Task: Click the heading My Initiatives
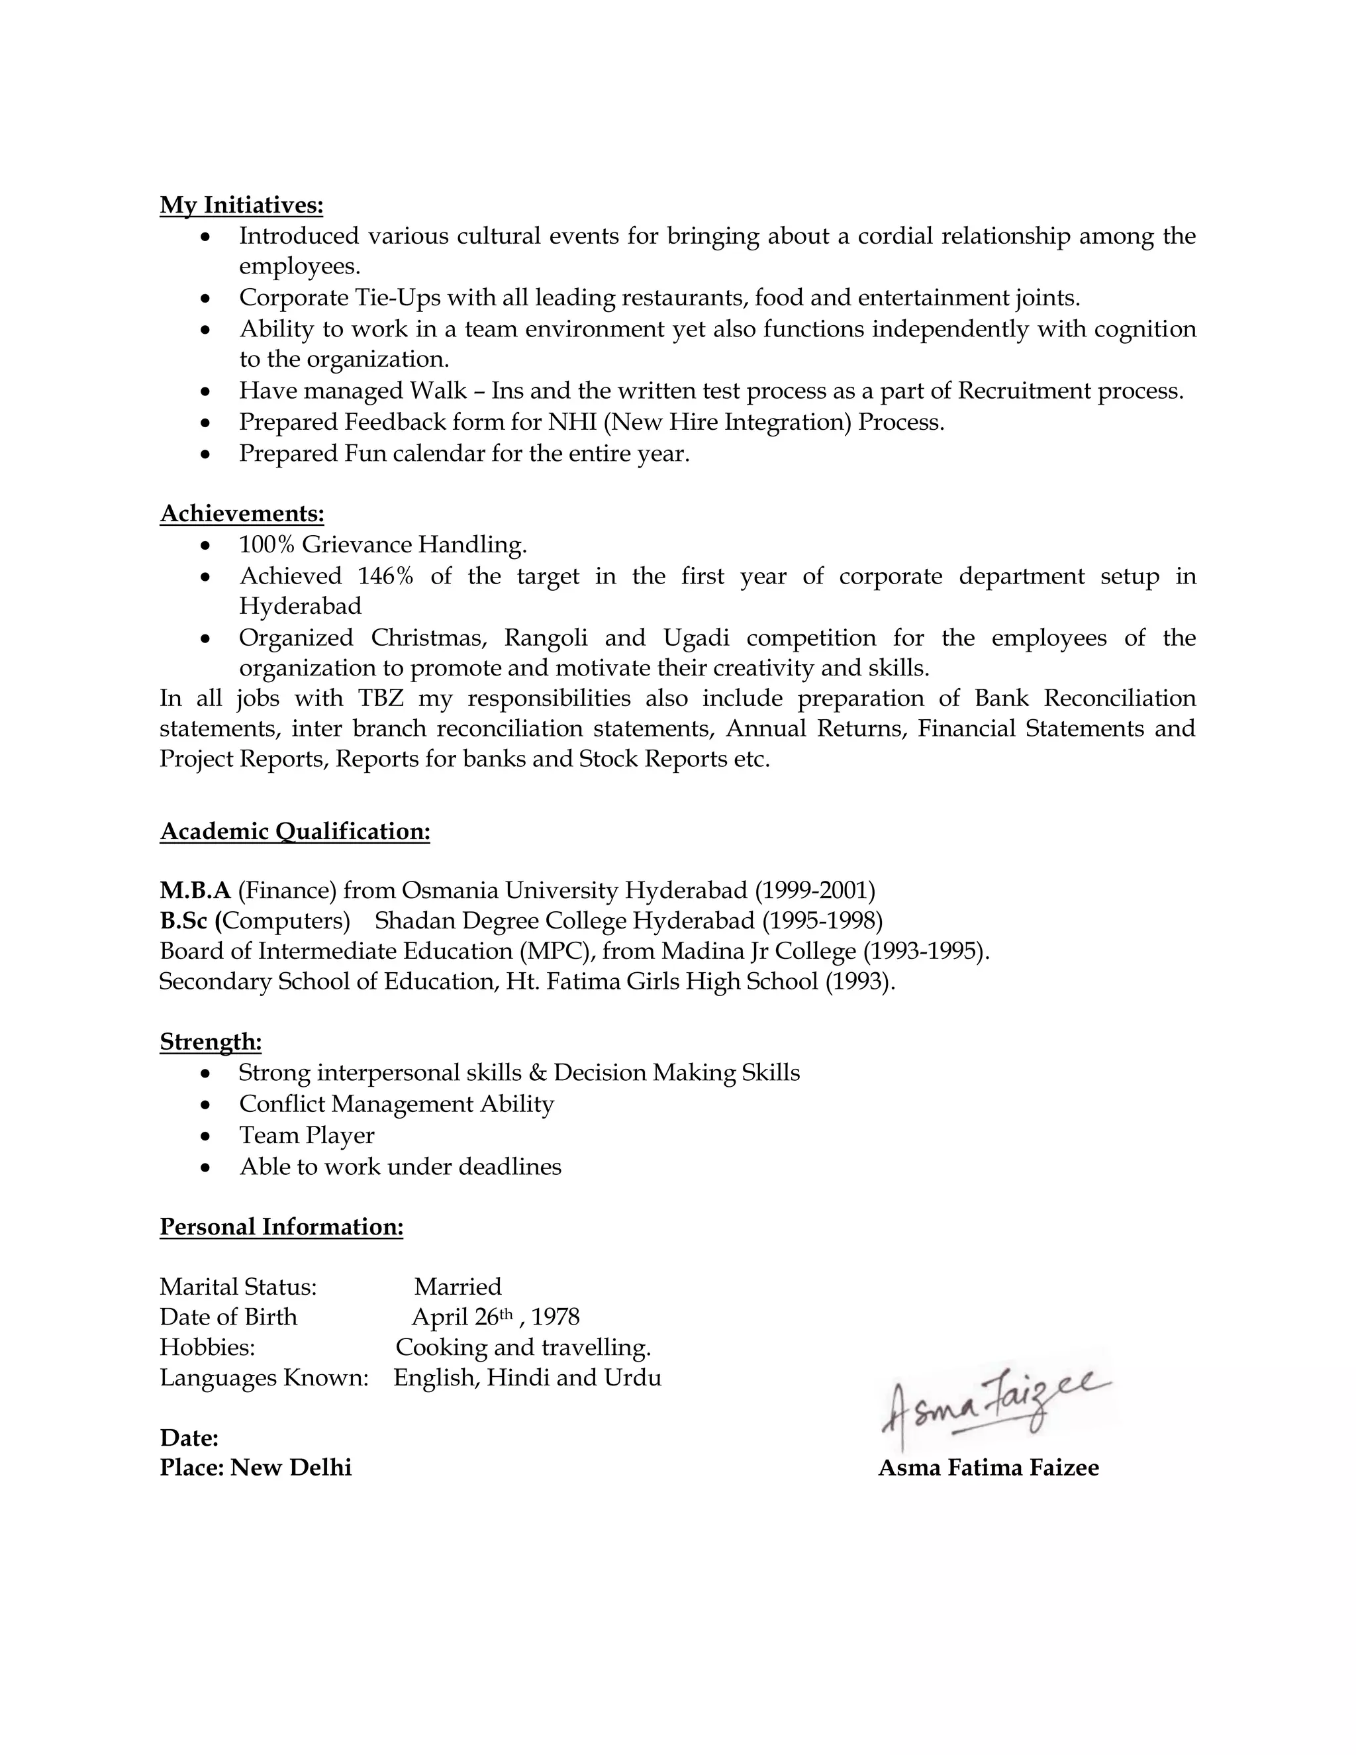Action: (x=241, y=206)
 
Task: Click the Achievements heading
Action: (x=242, y=513)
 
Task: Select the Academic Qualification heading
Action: (x=295, y=831)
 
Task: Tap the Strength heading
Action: (x=211, y=1042)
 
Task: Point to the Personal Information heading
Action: (x=281, y=1227)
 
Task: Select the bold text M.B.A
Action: (x=195, y=890)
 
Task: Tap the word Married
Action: (x=458, y=1287)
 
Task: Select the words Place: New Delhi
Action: (x=256, y=1468)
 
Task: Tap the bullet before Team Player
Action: (x=207, y=1136)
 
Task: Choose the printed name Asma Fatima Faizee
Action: (x=988, y=1468)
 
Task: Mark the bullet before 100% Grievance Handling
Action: (x=207, y=546)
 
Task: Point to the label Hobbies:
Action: (x=207, y=1347)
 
